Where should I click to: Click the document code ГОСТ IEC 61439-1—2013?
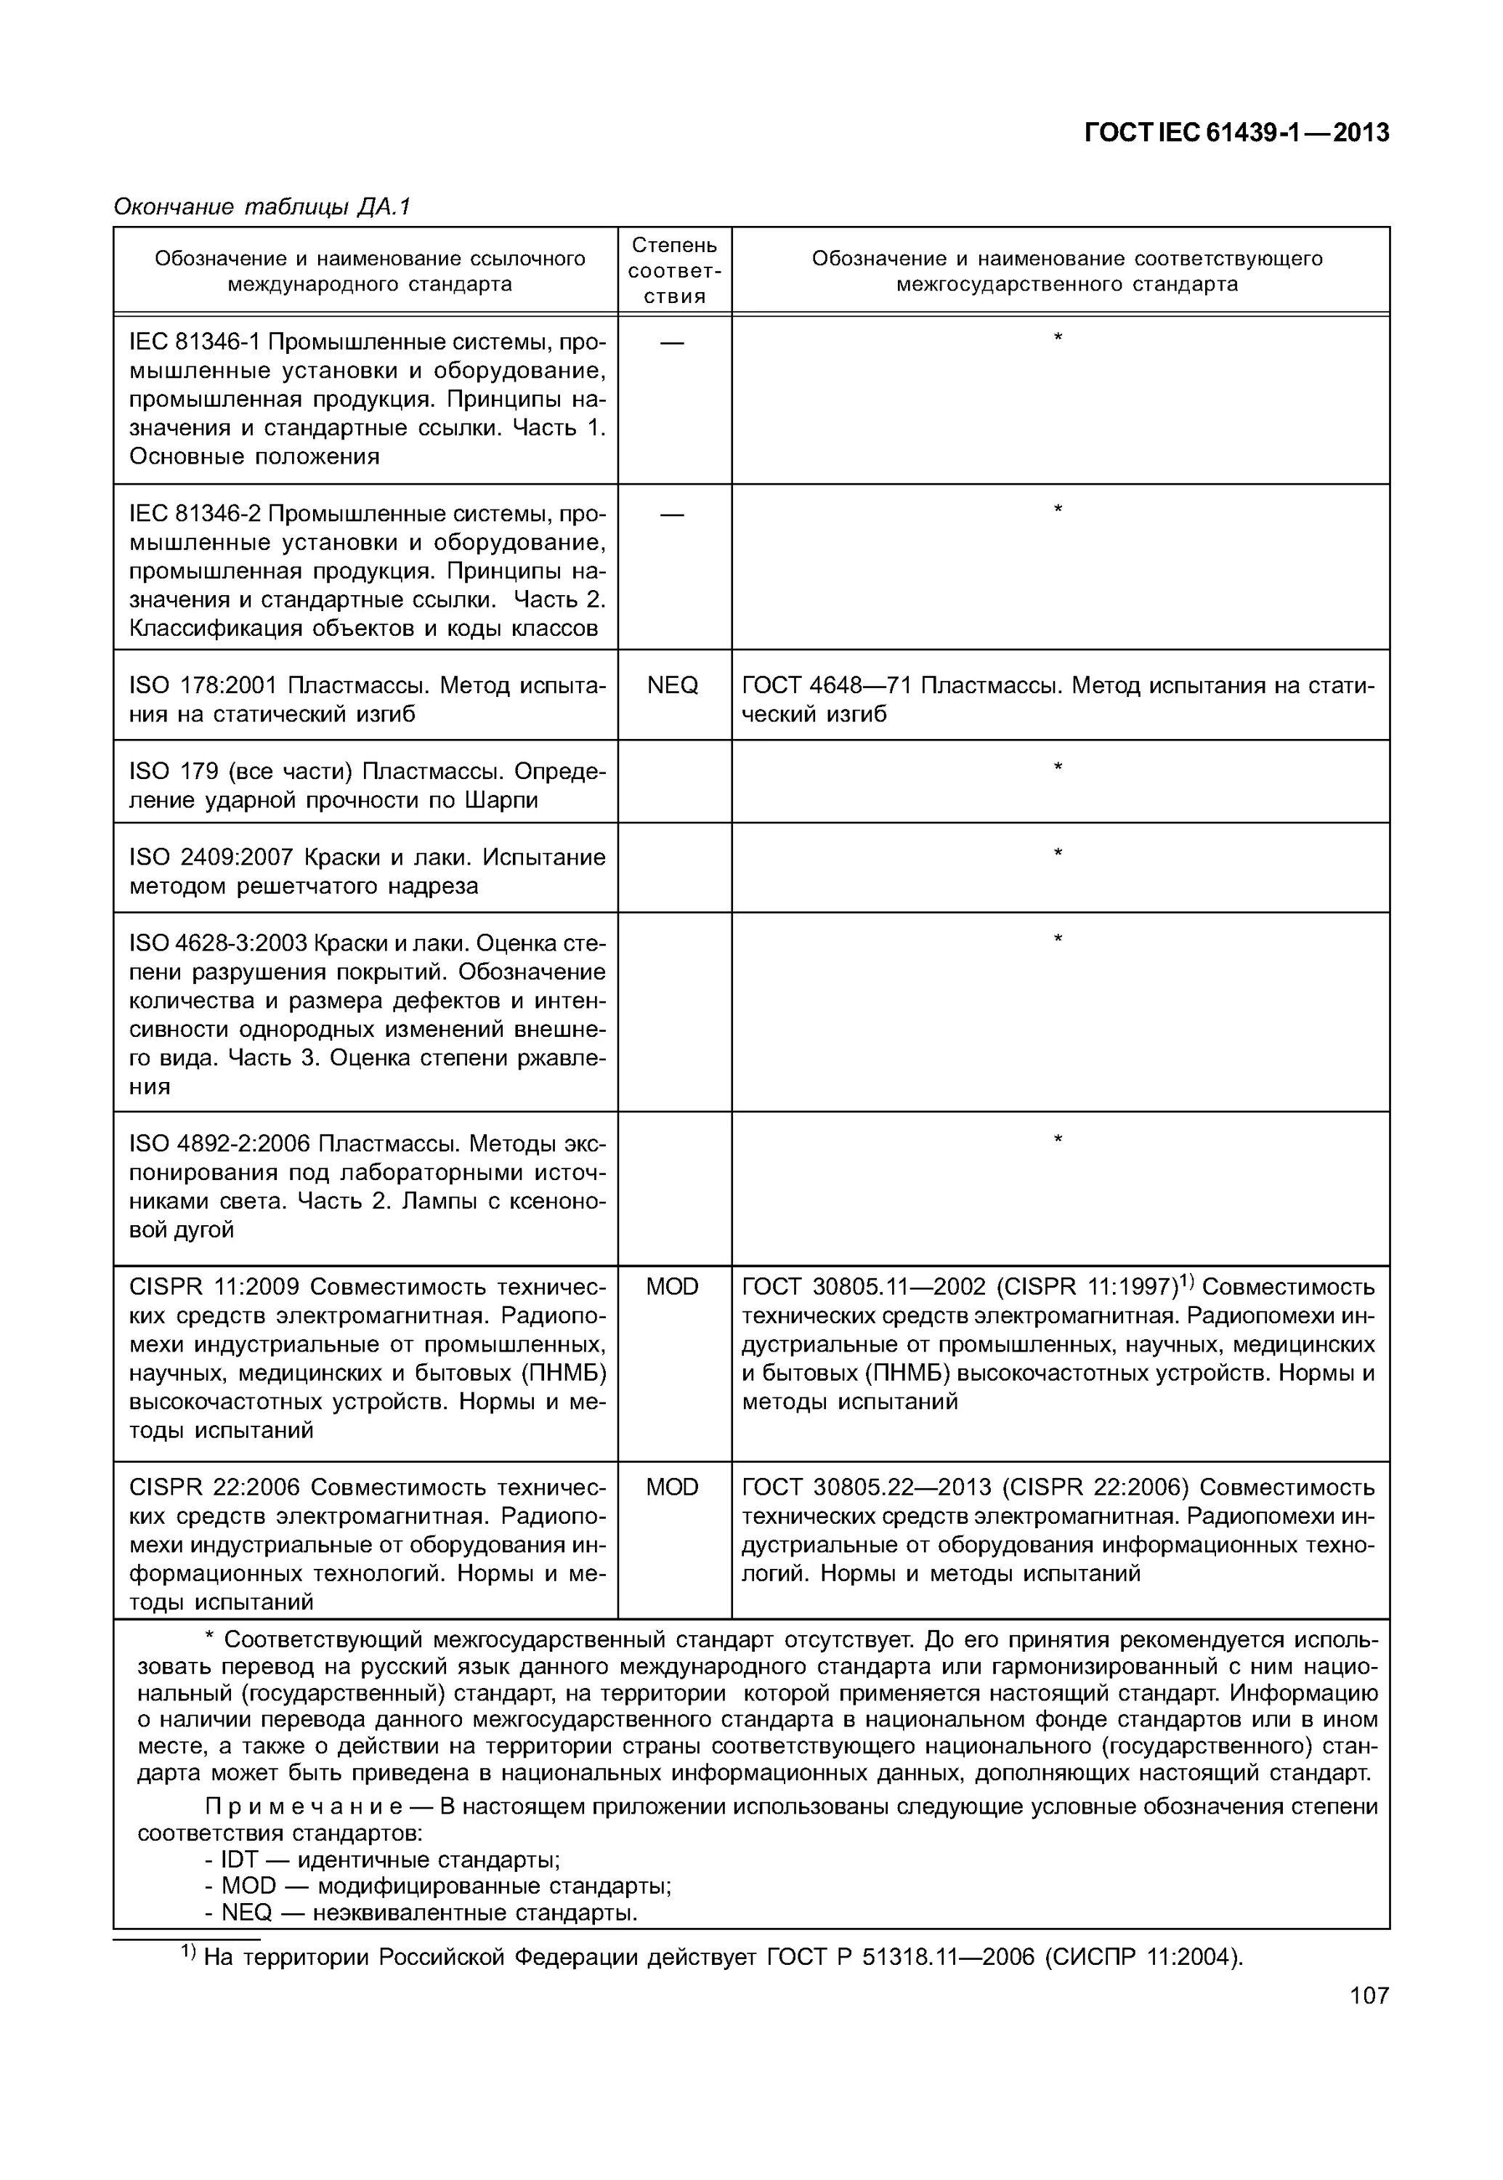coord(1236,133)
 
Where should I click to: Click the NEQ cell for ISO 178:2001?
coord(673,685)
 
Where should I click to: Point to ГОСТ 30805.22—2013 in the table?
coord(867,1487)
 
